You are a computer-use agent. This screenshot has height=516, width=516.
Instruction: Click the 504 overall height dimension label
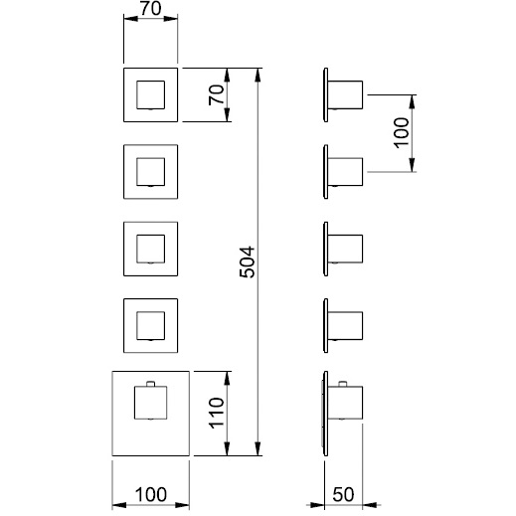248,261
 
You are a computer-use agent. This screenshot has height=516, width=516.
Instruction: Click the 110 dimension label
217,413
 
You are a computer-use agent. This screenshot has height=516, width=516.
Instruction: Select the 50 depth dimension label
343,495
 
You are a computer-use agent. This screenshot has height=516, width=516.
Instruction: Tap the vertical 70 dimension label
217,95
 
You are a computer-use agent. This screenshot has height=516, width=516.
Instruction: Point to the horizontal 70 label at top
151,9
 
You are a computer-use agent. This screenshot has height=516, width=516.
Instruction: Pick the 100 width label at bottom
151,495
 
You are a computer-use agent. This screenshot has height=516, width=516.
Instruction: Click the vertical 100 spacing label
401,132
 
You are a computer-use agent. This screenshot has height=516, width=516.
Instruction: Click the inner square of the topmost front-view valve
151,94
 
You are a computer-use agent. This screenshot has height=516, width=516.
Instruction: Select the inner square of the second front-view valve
151,172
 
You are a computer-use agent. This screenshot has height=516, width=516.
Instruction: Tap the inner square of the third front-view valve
151,249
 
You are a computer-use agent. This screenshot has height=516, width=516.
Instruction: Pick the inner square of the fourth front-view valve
151,326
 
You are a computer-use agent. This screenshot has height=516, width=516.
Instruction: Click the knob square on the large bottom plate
151,403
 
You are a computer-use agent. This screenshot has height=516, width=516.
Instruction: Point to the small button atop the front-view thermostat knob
151,384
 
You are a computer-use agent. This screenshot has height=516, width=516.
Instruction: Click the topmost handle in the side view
345,94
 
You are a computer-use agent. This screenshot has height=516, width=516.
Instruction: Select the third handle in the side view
345,249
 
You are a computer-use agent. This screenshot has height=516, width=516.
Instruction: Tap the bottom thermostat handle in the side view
345,403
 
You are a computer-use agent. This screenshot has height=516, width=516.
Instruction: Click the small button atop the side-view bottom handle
343,384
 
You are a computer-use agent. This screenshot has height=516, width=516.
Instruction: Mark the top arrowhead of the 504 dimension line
258,75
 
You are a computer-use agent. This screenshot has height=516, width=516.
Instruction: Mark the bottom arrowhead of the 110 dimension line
227,449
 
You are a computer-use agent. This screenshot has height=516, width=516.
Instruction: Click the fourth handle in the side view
345,326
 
